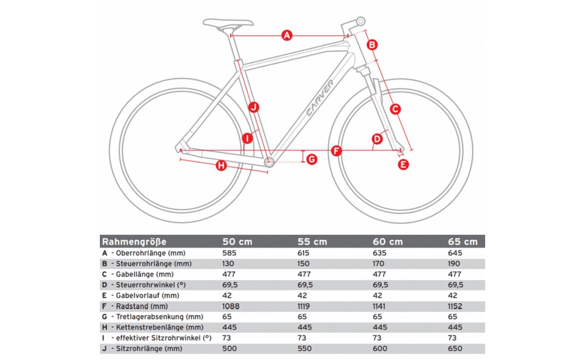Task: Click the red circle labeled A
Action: [286, 36]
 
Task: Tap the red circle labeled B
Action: [372, 45]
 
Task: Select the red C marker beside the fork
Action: [395, 109]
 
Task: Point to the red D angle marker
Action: [377, 139]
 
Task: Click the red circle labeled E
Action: [403, 165]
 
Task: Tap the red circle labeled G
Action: [312, 159]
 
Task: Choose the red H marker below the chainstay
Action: [221, 166]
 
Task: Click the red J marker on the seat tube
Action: [254, 107]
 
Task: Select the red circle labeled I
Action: [247, 138]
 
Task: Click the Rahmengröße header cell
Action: [134, 242]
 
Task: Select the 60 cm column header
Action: [387, 242]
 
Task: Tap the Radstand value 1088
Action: [231, 306]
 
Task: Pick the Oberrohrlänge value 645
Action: [455, 253]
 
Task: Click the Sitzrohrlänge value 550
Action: [304, 349]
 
